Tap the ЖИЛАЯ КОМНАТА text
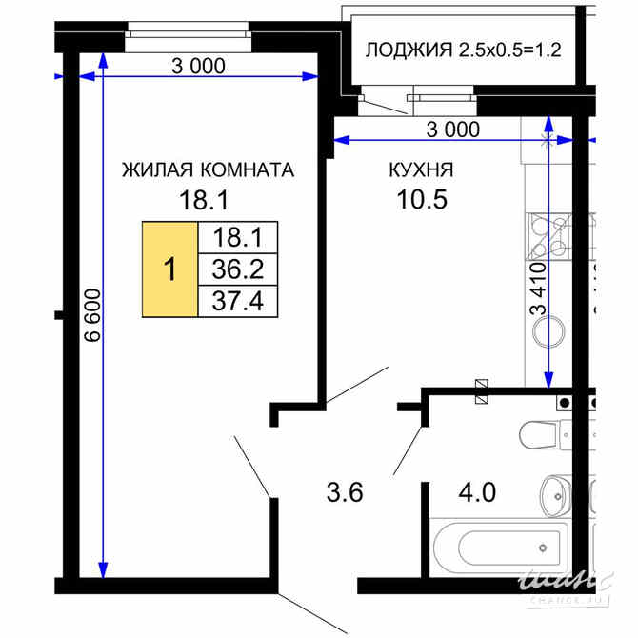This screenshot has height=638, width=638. coord(207,170)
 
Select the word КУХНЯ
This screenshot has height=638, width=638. coord(420,170)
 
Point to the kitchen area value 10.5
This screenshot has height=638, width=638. coord(420,200)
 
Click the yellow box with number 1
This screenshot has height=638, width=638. coord(169,269)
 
